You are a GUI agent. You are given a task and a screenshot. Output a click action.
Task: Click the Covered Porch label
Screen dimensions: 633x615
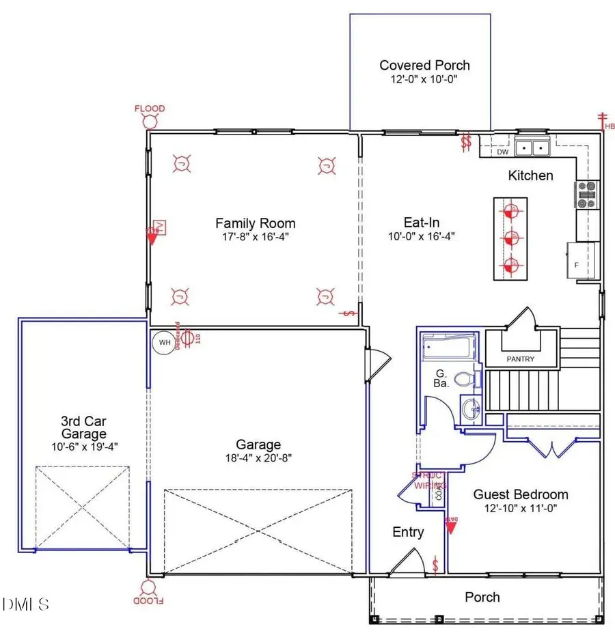tap(424, 66)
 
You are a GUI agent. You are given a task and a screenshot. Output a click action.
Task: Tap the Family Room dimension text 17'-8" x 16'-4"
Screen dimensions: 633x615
tap(256, 236)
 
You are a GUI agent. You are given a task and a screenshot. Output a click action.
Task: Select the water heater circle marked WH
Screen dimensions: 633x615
tap(164, 342)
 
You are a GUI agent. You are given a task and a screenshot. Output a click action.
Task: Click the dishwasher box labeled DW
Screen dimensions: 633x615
tap(492, 152)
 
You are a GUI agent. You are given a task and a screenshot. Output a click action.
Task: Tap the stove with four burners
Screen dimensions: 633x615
tap(587, 194)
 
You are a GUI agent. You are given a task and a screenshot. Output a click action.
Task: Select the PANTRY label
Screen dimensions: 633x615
tap(521, 359)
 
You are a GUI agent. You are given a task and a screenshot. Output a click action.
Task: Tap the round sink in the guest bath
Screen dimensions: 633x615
tap(469, 410)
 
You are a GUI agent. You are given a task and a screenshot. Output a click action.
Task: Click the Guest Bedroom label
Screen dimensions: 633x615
tap(521, 494)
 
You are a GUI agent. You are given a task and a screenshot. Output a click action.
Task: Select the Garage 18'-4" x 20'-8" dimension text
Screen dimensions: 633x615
tap(258, 459)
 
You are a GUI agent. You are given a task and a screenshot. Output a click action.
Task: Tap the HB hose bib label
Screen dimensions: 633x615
tap(608, 126)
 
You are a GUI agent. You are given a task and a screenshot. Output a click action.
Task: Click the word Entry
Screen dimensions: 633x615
tap(408, 532)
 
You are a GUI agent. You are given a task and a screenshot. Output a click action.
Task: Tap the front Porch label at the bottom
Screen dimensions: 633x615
tap(482, 597)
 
